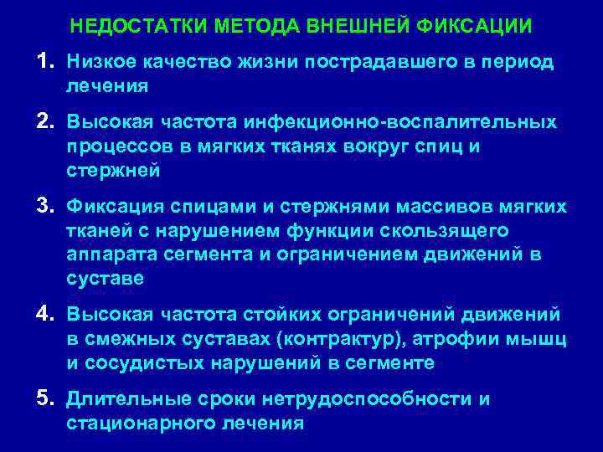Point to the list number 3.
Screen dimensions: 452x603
pos(44,206)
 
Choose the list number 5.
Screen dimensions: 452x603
pos(44,398)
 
